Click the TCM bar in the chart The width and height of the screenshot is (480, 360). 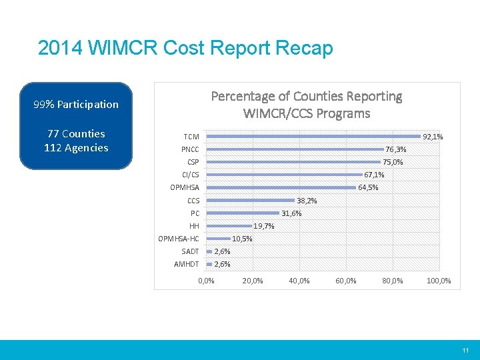(313, 137)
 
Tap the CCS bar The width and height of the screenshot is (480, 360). (251, 201)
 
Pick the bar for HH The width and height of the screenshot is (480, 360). (229, 226)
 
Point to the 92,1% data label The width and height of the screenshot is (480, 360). (433, 137)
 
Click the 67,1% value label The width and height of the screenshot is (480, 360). (374, 175)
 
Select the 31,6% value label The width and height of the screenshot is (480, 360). (291, 213)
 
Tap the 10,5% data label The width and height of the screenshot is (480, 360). (242, 239)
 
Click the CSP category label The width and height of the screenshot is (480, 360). (193, 162)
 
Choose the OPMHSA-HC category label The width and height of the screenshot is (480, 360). (179, 239)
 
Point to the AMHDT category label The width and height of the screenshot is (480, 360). (187, 264)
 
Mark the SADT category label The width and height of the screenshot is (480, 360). (190, 251)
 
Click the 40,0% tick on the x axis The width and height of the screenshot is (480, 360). (299, 281)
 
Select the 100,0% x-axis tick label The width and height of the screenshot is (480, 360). (439, 281)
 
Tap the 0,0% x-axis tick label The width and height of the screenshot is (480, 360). (207, 281)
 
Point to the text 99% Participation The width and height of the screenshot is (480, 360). (76, 104)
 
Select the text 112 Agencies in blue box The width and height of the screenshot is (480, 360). (76, 148)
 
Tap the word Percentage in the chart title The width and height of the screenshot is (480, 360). (244, 97)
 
